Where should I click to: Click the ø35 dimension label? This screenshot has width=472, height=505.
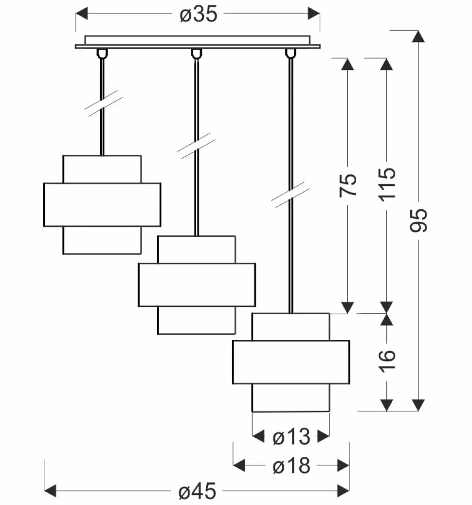[198, 15]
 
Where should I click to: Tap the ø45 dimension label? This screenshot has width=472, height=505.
[197, 492]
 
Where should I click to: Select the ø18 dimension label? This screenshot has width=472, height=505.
[291, 467]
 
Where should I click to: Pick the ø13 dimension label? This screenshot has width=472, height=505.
[291, 437]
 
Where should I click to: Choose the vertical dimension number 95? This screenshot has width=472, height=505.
[418, 220]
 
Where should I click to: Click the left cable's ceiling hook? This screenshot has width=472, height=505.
[102, 53]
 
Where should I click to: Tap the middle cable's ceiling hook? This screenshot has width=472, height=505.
[196, 53]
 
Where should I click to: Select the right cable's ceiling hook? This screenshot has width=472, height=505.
[290, 53]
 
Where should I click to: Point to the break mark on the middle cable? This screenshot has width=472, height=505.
[196, 145]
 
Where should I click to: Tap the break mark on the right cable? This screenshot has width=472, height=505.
[290, 195]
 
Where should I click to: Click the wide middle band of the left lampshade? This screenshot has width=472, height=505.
[102, 204]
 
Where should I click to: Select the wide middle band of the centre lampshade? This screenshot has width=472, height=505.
[197, 285]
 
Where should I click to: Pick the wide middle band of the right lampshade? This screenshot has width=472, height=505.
[291, 362]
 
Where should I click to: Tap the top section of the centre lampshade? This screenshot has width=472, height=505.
[197, 250]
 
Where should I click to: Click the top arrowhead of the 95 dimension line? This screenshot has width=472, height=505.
[418, 37]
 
